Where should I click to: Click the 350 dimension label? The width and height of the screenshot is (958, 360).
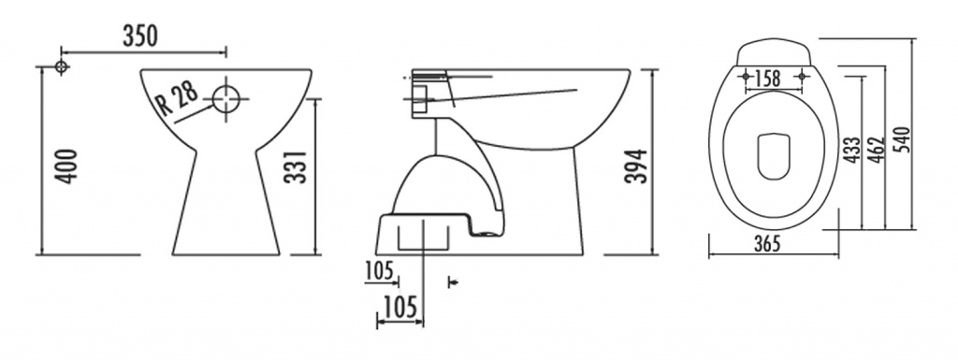point(140,36)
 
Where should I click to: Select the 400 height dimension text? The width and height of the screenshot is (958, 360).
point(67,166)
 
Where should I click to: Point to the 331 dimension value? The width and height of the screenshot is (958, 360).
point(296,166)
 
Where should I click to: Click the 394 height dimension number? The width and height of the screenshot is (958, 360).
point(635,166)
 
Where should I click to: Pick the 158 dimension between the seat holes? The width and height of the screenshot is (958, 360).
point(767,79)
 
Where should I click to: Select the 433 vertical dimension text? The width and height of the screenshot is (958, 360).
point(852,150)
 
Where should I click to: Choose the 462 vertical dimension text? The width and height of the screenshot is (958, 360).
point(876,150)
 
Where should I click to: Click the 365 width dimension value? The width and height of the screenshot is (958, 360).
point(767,243)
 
